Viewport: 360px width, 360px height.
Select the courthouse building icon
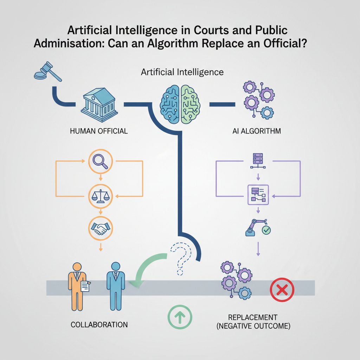99,105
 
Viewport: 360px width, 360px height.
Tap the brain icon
180,104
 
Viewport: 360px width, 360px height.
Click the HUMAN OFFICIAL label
99,131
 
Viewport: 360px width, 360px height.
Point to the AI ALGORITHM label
256,131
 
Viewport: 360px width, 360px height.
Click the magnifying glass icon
100,161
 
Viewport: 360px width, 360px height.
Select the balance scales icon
100,196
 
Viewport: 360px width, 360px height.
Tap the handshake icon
100,228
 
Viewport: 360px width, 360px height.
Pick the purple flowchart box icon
258,195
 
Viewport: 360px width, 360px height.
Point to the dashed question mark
181,258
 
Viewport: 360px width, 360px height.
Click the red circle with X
282,290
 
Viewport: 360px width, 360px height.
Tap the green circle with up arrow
180,317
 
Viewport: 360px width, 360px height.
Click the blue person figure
116,286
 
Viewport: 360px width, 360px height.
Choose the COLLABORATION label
99,324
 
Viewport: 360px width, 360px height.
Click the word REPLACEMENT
252,317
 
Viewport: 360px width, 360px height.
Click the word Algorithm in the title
173,44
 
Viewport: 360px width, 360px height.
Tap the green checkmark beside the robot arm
266,230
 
